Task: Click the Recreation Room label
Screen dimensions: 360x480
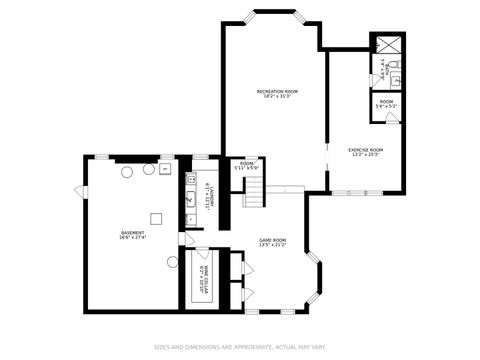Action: pos(277,91)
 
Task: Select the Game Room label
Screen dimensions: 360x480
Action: pos(273,239)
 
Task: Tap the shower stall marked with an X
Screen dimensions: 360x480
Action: pos(388,43)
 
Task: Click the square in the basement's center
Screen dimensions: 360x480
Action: pos(156,218)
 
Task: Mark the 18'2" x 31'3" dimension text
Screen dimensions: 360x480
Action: pos(277,97)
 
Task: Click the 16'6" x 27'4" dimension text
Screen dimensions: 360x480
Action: pos(132,238)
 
